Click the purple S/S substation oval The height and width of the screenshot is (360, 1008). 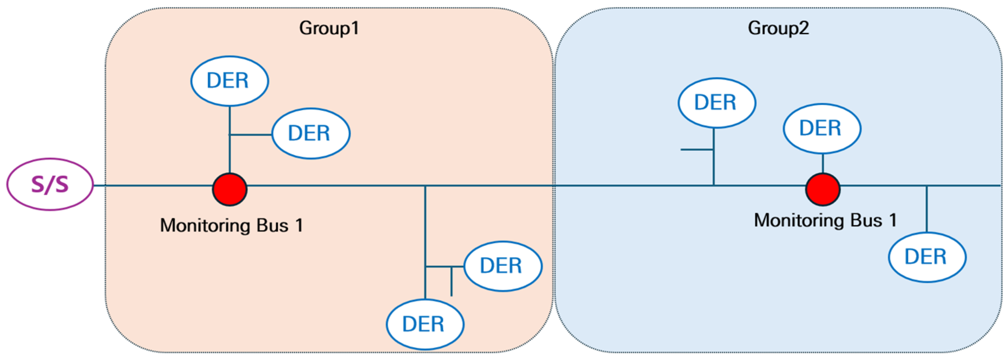[50, 184]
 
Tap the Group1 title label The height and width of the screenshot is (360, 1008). [329, 28]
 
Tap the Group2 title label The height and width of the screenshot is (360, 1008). [778, 28]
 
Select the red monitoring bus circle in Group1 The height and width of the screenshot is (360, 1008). [230, 189]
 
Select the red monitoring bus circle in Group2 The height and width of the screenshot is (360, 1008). [823, 189]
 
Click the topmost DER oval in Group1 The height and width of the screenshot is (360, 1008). [229, 81]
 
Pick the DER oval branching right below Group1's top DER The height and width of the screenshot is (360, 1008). [311, 133]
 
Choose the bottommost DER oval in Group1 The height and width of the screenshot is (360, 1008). [425, 324]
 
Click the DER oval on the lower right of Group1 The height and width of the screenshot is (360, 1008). [503, 266]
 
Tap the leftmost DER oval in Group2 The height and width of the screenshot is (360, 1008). [717, 102]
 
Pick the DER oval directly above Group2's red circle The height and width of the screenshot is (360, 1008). [822, 128]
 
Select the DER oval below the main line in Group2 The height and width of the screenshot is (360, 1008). [927, 257]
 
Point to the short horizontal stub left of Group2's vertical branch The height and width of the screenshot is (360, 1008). [697, 150]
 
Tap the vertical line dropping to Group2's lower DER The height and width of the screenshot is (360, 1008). [926, 209]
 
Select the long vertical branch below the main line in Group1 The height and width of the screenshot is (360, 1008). [425, 235]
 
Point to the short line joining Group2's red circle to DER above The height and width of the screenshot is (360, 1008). [823, 164]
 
